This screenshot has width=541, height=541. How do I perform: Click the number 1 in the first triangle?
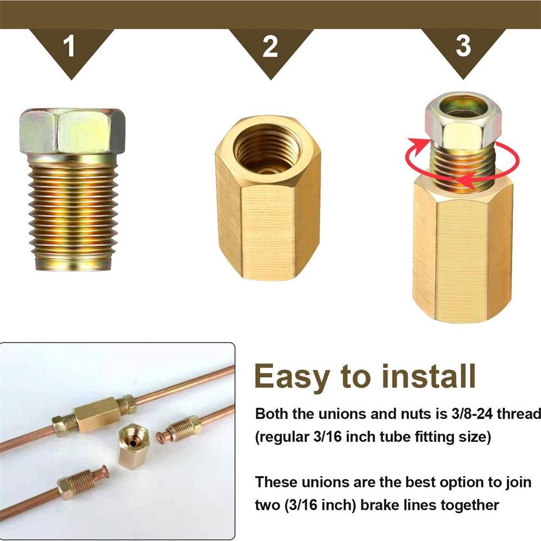69,46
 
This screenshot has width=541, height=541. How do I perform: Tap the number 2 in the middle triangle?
270,46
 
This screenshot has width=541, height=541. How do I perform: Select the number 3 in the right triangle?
463,46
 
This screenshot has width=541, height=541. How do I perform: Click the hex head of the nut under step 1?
72,131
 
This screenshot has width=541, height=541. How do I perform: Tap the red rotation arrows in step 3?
463,161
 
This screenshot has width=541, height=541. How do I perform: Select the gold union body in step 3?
463,248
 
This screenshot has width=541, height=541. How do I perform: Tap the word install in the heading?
429,375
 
